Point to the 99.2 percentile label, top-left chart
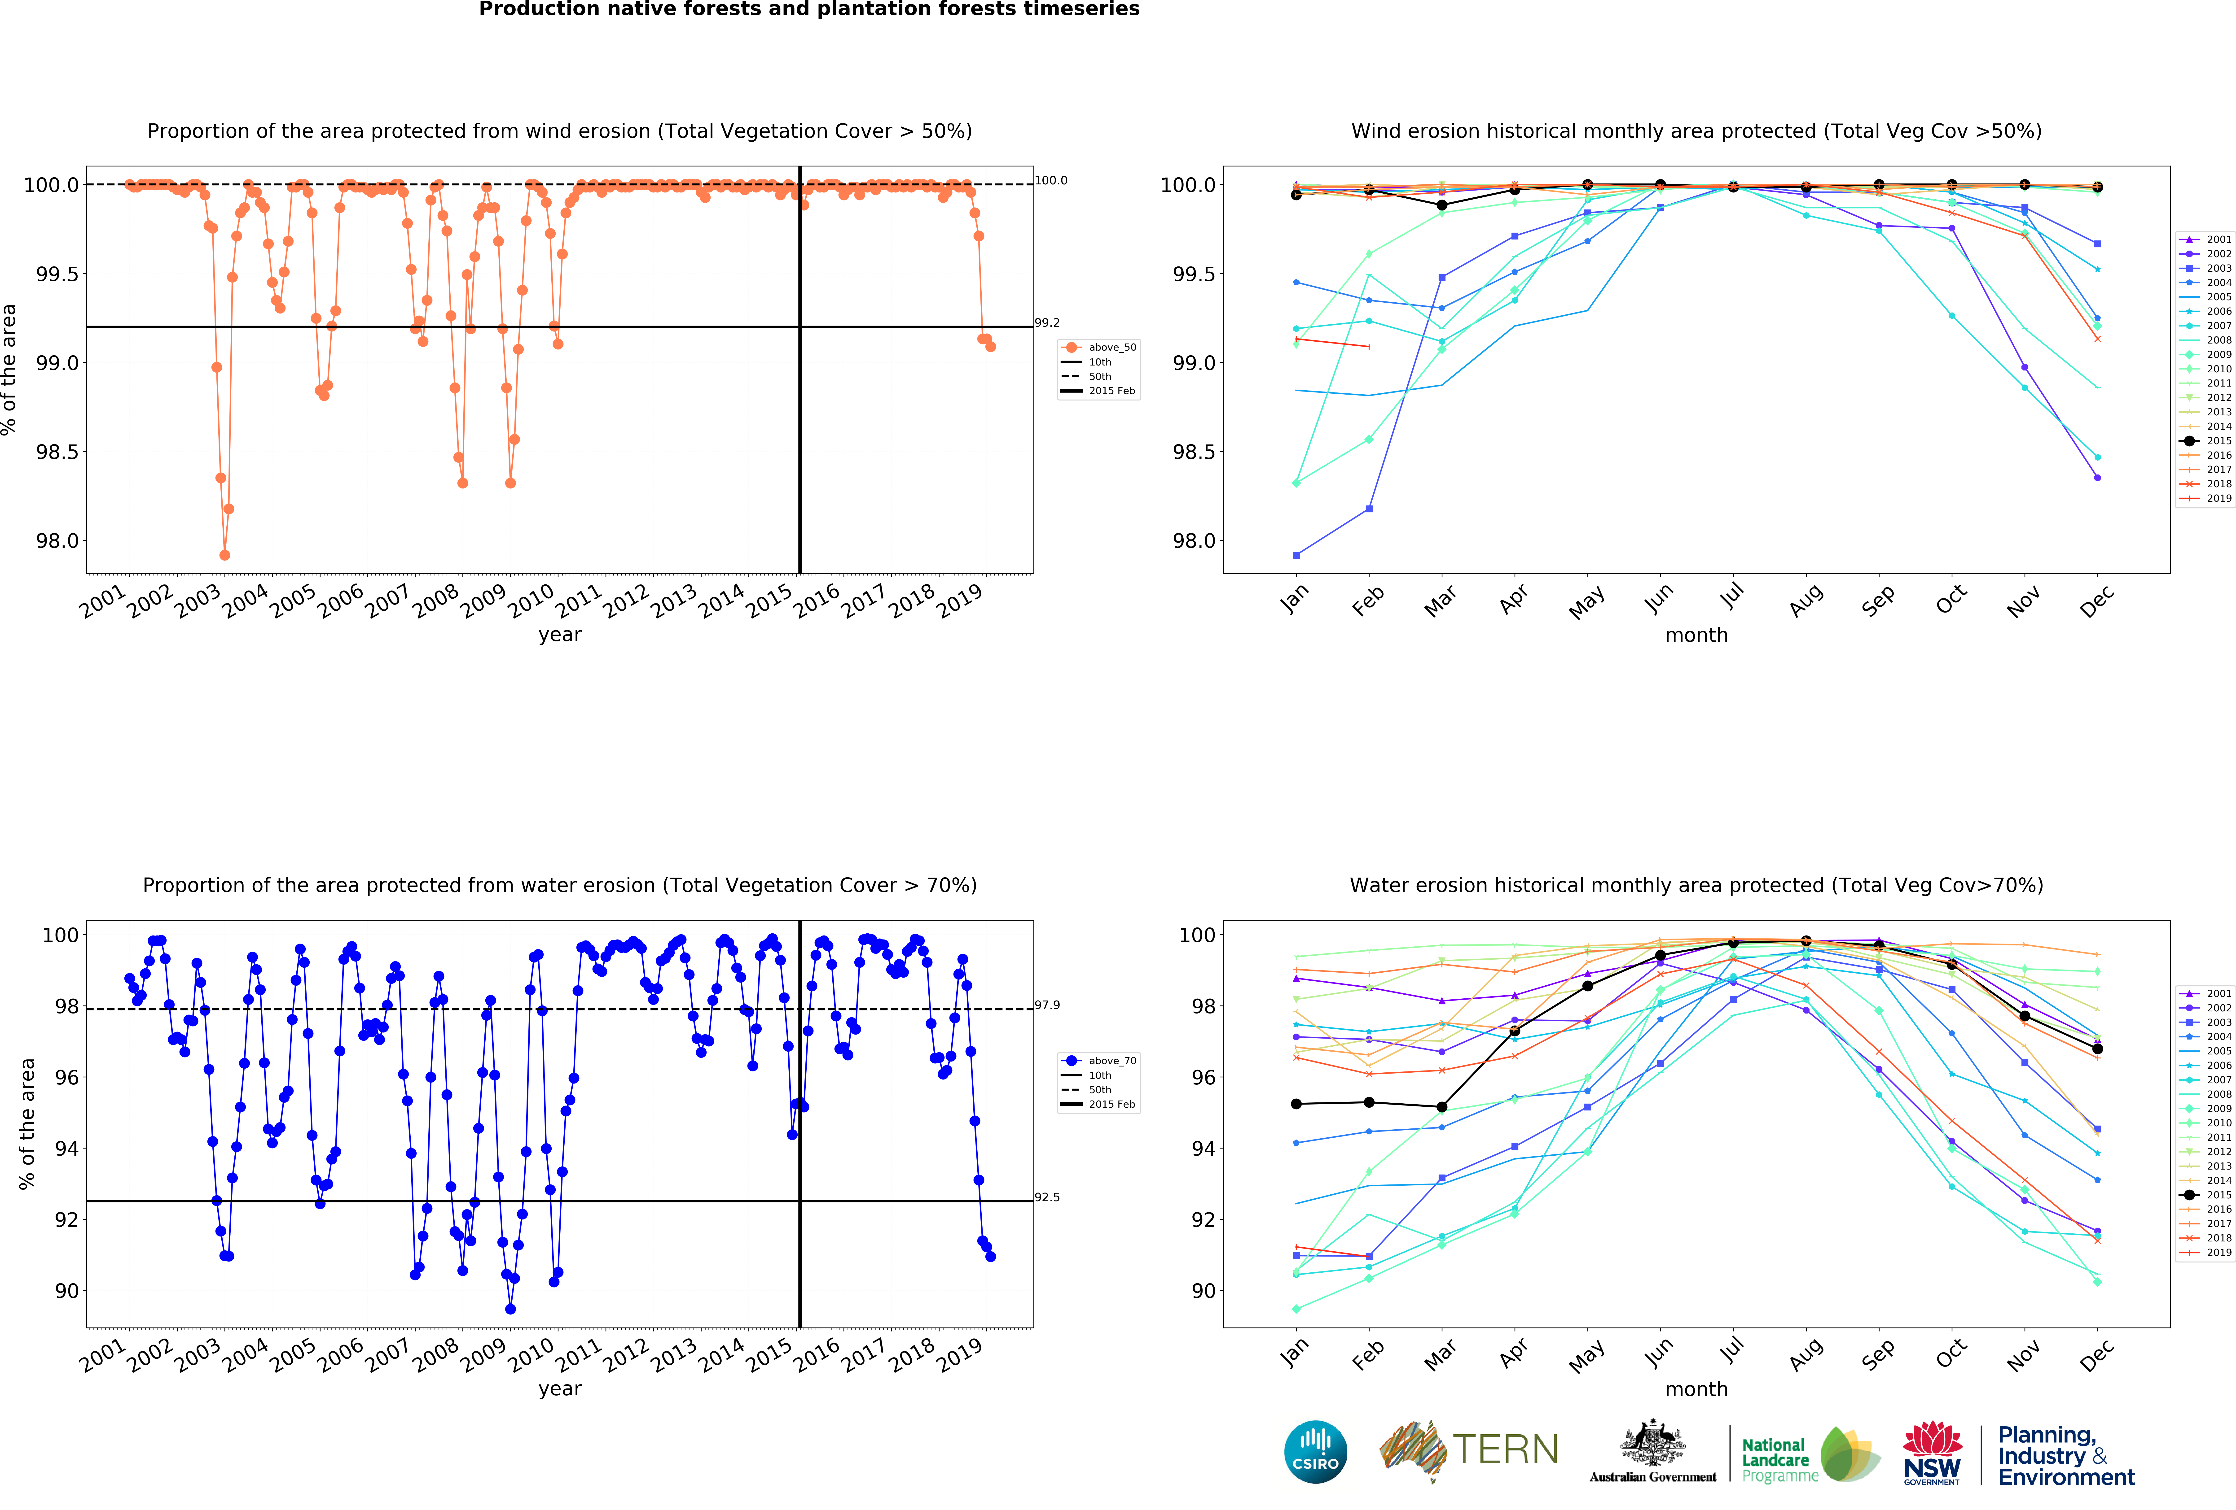pos(1047,323)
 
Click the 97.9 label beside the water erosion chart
pos(1047,1005)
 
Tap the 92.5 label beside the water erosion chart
pos(1047,1197)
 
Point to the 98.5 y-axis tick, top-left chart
pos(54,452)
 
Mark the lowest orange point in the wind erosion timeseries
pos(224,555)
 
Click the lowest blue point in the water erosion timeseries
pos(510,1309)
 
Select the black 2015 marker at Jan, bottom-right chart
pos(1296,1104)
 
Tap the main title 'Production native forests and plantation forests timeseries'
pos(809,10)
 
